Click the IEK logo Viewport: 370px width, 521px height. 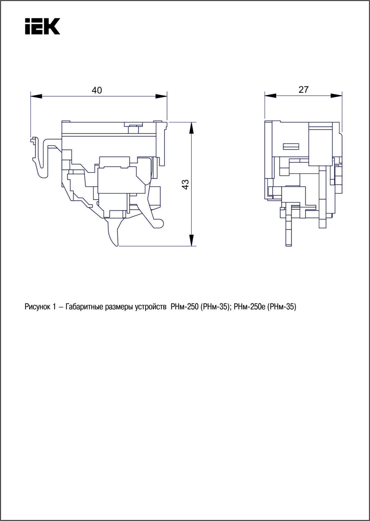42,27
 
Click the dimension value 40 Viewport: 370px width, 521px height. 97,90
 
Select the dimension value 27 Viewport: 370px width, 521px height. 304,90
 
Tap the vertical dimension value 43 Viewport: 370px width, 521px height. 185,184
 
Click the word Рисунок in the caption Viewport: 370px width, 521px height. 37,307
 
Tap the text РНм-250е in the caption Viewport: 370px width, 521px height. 249,307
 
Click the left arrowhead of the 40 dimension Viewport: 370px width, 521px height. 36,96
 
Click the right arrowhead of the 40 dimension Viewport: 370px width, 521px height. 161,96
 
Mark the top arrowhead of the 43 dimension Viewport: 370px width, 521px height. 191,128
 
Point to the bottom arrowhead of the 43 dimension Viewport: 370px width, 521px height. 191,240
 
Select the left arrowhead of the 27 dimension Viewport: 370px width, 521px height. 270,95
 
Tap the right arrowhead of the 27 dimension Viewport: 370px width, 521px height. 336,95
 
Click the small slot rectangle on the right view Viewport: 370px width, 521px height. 291,147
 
